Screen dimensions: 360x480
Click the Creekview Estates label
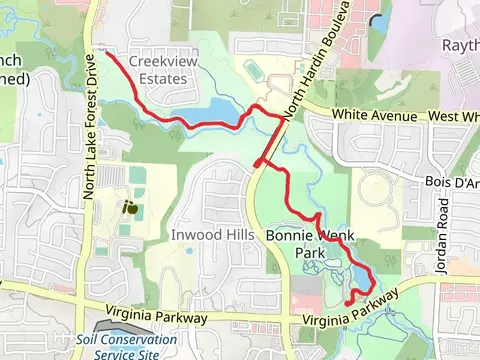(163, 70)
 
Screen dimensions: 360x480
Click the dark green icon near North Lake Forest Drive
(130, 208)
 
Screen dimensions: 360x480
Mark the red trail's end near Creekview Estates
(106, 53)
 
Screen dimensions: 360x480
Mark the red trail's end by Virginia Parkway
(347, 302)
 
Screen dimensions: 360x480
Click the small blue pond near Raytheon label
(377, 20)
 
